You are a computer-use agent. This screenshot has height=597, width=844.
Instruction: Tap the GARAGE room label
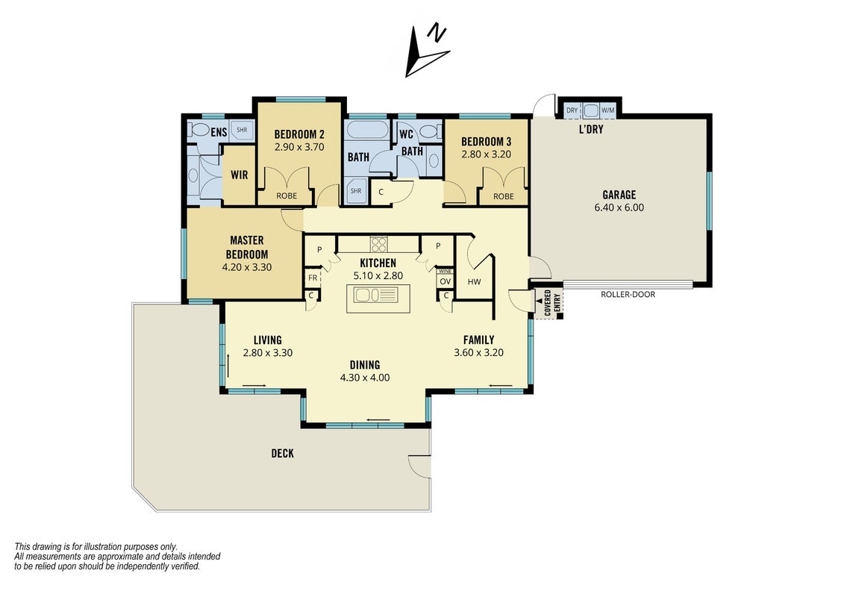pos(619,195)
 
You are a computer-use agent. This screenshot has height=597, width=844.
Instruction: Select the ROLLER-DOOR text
pos(628,295)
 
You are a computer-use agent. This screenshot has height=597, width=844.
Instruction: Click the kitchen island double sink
pos(375,295)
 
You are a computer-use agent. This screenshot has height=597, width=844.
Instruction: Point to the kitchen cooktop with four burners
pos(378,245)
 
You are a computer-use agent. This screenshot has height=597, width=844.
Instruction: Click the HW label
pos(474,281)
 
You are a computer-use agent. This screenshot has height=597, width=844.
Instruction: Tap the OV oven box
pos(445,281)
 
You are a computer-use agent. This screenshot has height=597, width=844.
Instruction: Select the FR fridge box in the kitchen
pos(312,278)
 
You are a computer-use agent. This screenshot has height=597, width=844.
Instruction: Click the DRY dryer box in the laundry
pos(572,110)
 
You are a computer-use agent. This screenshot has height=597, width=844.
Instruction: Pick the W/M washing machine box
pos(607,110)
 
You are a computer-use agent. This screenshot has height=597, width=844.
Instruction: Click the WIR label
pos(239,175)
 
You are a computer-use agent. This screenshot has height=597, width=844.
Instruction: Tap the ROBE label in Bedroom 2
pos(287,196)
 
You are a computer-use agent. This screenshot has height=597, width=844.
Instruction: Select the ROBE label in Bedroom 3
pos(503,196)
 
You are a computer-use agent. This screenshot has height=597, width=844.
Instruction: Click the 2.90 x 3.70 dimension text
pos(299,147)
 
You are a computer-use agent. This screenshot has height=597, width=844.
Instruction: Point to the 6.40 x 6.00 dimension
pos(619,207)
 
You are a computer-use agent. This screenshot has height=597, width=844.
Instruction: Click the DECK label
pos(283,453)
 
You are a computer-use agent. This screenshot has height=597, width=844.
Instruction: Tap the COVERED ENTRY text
pos(551,302)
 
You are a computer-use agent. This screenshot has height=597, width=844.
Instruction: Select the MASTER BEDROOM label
pos(246,247)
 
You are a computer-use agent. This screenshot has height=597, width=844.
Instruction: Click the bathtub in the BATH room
pos(366,130)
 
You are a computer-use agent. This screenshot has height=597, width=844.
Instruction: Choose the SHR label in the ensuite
pos(242,130)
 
